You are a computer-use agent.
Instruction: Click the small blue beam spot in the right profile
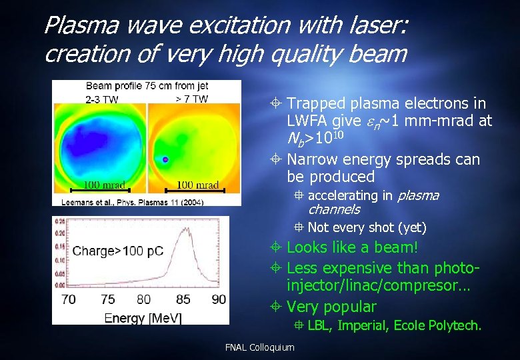pos(165,159)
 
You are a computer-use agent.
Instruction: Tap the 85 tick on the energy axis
pos(181,299)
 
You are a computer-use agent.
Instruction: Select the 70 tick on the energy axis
pos(68,299)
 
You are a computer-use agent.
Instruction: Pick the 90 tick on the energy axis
pos(218,299)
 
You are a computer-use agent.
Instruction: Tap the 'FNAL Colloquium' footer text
pos(259,347)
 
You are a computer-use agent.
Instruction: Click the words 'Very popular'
pos(331,307)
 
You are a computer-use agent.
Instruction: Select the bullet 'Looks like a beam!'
pos(352,247)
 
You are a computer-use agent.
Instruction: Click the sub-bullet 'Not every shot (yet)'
pos(367,227)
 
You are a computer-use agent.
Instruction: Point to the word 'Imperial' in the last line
pos(364,326)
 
